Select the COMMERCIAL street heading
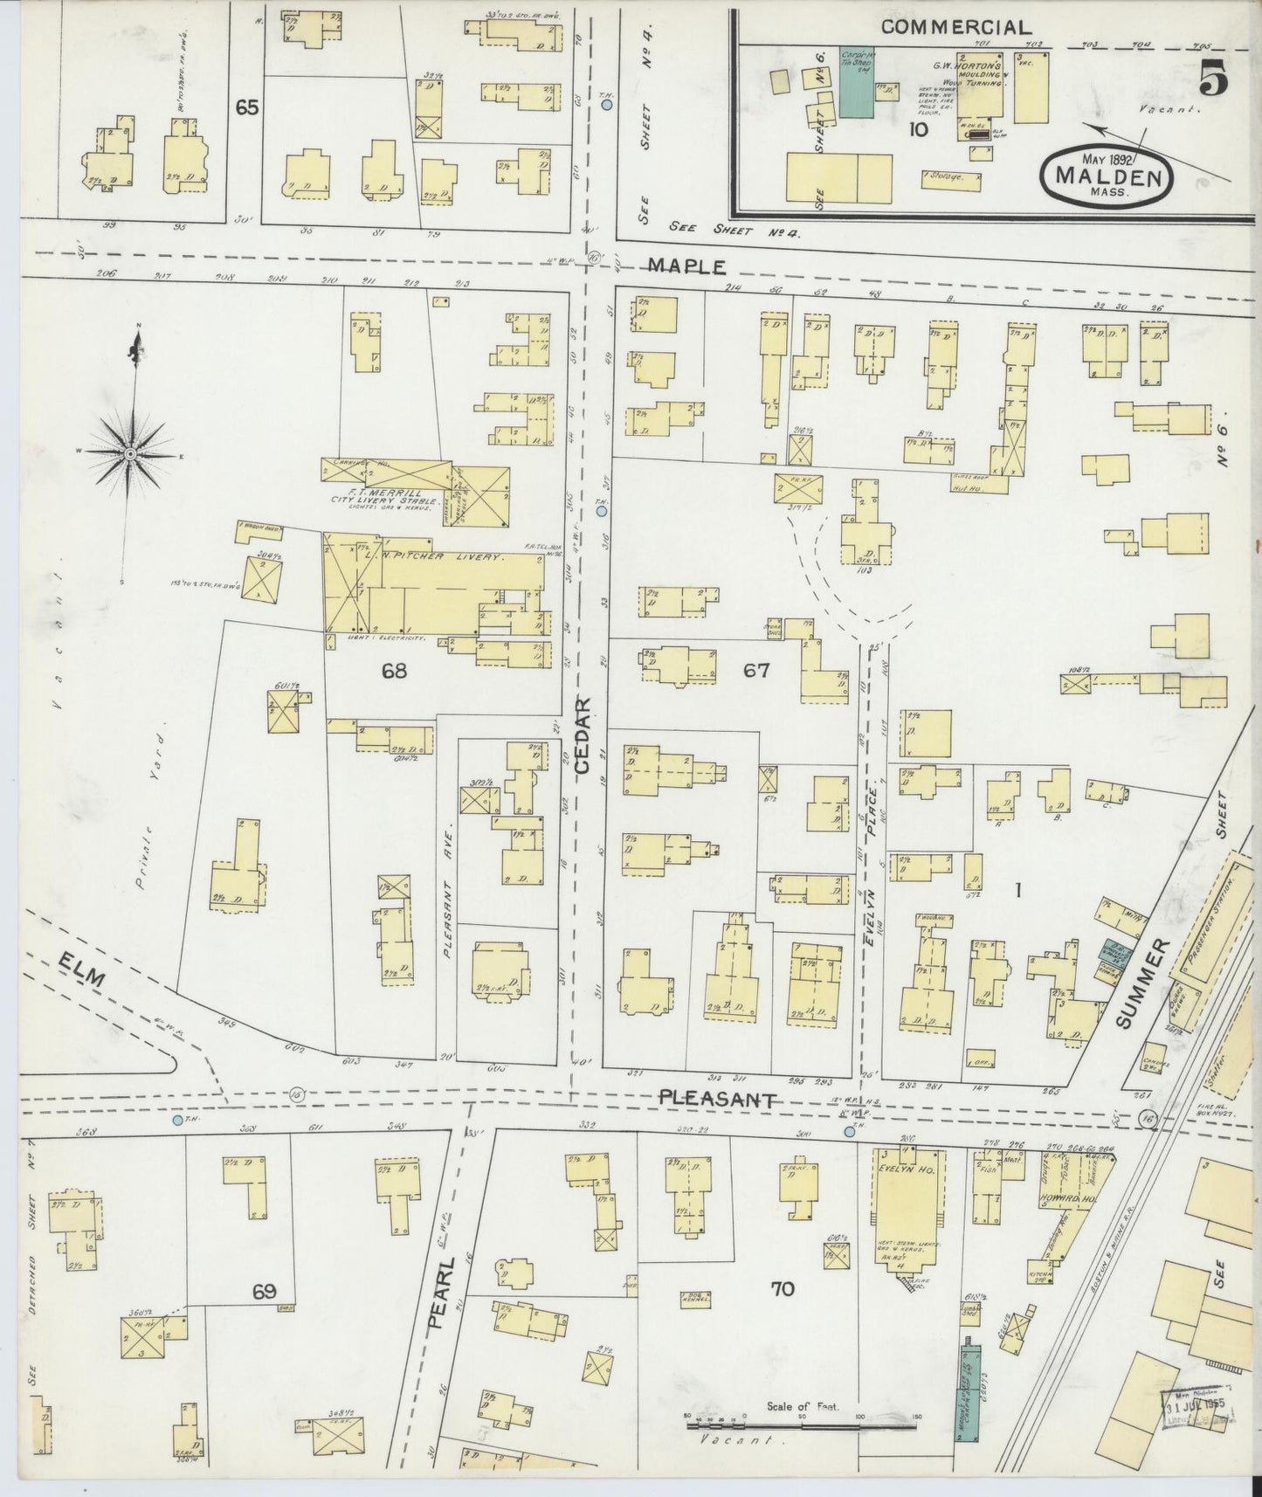pos(955,27)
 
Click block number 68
pos(394,671)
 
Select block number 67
pos(755,671)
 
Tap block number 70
pos(783,1288)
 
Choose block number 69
pos(265,1292)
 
